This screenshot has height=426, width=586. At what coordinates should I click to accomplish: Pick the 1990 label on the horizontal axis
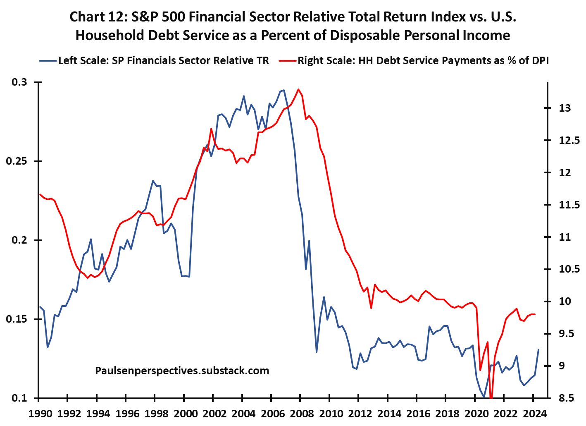(x=38, y=413)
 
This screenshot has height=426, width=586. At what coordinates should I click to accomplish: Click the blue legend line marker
(x=48, y=61)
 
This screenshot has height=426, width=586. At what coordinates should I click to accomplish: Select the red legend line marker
(x=287, y=61)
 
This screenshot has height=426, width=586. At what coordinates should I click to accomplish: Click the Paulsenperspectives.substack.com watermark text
(x=182, y=371)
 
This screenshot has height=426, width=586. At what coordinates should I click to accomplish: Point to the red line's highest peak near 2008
(x=298, y=89)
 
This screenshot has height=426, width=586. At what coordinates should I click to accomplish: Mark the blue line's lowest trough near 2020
(x=484, y=397)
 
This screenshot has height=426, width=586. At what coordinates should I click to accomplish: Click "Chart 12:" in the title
(x=98, y=17)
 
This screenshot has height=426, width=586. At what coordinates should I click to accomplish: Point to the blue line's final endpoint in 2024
(x=538, y=349)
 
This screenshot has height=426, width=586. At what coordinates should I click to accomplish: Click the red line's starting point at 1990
(x=39, y=194)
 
